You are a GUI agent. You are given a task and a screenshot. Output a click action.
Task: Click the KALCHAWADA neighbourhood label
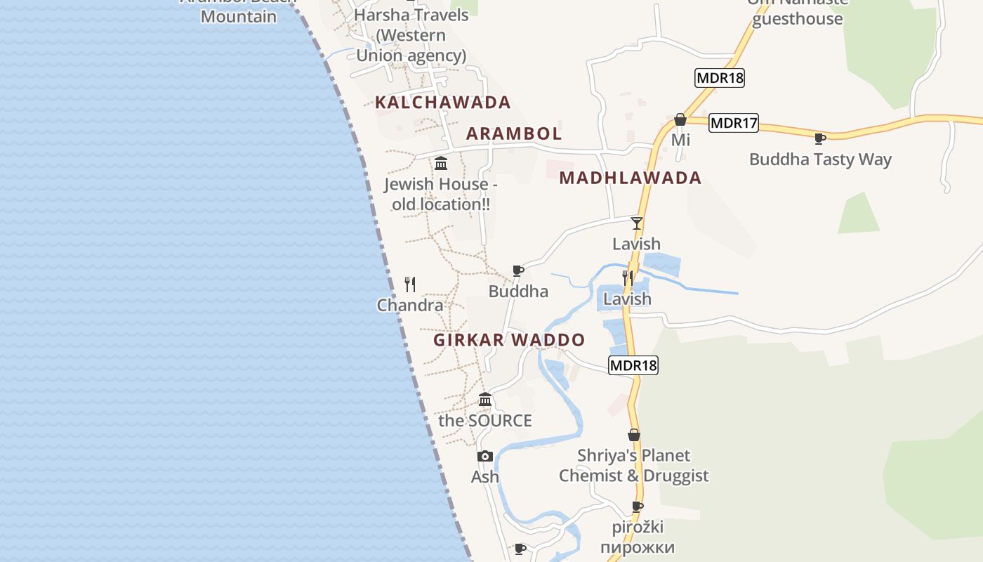(442, 103)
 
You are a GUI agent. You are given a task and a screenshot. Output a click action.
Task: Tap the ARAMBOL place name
(514, 133)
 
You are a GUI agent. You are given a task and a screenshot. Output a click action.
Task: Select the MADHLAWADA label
(630, 178)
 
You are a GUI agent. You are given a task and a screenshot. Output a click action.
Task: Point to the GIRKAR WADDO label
(509, 340)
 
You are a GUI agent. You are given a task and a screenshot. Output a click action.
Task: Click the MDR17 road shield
(734, 124)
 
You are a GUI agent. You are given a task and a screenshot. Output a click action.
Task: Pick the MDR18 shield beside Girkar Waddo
(633, 365)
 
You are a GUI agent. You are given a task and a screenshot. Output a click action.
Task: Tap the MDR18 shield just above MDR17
(719, 78)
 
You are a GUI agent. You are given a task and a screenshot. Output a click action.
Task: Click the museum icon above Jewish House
(441, 164)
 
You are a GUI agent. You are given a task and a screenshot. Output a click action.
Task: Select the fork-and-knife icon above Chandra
(410, 285)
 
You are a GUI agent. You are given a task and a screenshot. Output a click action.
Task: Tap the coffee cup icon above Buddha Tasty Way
(819, 138)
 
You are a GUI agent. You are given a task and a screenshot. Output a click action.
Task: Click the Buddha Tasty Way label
(819, 159)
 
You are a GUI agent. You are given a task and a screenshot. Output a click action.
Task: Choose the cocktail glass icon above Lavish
(636, 223)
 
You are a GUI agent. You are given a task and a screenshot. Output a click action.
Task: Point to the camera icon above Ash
(484, 457)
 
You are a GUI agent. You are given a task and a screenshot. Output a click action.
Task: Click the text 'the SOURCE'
(484, 421)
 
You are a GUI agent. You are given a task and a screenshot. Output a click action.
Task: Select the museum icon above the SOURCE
(484, 400)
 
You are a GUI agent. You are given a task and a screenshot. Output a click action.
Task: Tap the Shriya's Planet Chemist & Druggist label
(633, 466)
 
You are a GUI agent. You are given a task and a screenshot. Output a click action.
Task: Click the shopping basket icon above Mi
(680, 120)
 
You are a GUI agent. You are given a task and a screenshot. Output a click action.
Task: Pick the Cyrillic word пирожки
(638, 547)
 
